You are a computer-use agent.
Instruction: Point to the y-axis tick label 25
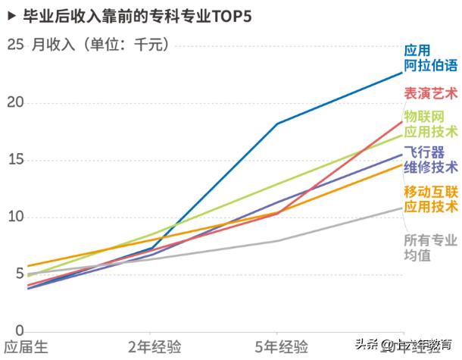tap(15, 45)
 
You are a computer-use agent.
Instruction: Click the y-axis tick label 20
tap(15, 103)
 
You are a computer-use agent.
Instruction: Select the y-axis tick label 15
tap(15, 160)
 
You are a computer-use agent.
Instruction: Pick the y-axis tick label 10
tap(15, 218)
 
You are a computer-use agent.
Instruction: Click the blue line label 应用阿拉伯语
tap(430, 58)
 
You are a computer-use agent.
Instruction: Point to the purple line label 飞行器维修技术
tap(430, 159)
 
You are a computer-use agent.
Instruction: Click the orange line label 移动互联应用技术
tap(430, 198)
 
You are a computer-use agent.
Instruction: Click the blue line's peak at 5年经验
tap(277, 124)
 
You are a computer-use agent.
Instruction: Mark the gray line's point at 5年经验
tap(277, 241)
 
